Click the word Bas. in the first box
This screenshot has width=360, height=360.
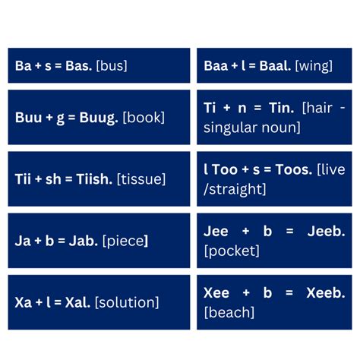tap(78, 66)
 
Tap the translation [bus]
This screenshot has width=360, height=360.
tap(112, 66)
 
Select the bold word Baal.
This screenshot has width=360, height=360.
tap(275, 66)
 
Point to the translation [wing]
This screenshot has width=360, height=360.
tap(314, 67)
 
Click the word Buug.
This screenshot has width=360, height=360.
tap(99, 118)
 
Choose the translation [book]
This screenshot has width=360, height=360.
tap(144, 118)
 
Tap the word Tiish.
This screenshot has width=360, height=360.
tap(94, 179)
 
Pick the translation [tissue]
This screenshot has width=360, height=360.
tap(141, 179)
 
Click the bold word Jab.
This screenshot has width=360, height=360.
tap(84, 241)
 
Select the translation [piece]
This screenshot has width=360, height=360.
tap(125, 242)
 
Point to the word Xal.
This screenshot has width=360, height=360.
tap(77, 302)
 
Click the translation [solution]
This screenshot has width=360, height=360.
tap(127, 302)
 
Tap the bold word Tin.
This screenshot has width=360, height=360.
tap(282, 108)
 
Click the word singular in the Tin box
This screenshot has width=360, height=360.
tap(231, 128)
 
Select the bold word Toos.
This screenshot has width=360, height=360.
tap(294, 169)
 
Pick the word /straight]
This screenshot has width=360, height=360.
tap(235, 190)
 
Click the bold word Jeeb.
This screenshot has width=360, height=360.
tap(326, 232)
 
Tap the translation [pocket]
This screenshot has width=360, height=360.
tap(232, 251)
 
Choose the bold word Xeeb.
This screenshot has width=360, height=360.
tap(326, 293)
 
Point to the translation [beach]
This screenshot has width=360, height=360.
tap(229, 313)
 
